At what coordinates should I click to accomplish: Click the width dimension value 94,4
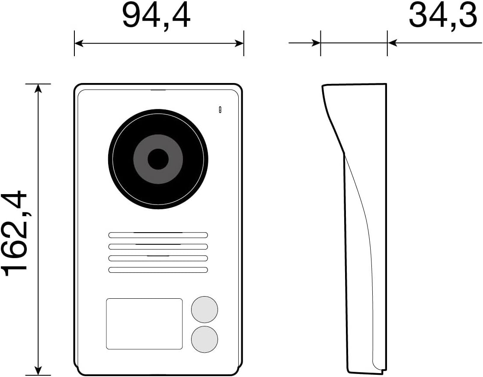tap(156, 16)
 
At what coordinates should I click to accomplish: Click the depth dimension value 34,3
tap(442, 16)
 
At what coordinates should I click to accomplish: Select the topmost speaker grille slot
tap(158, 235)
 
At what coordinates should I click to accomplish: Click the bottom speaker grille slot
tap(158, 270)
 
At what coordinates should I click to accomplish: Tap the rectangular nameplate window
tap(144, 323)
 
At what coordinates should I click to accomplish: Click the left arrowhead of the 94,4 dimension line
tap(78, 43)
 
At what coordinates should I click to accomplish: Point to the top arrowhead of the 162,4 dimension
tap(38, 88)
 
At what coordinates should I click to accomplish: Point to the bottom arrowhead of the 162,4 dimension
tap(38, 371)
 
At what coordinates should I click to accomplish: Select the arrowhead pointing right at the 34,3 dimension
tap(316, 43)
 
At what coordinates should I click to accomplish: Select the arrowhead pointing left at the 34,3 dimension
tap(392, 43)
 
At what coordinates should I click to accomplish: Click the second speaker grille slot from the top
tap(158, 247)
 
